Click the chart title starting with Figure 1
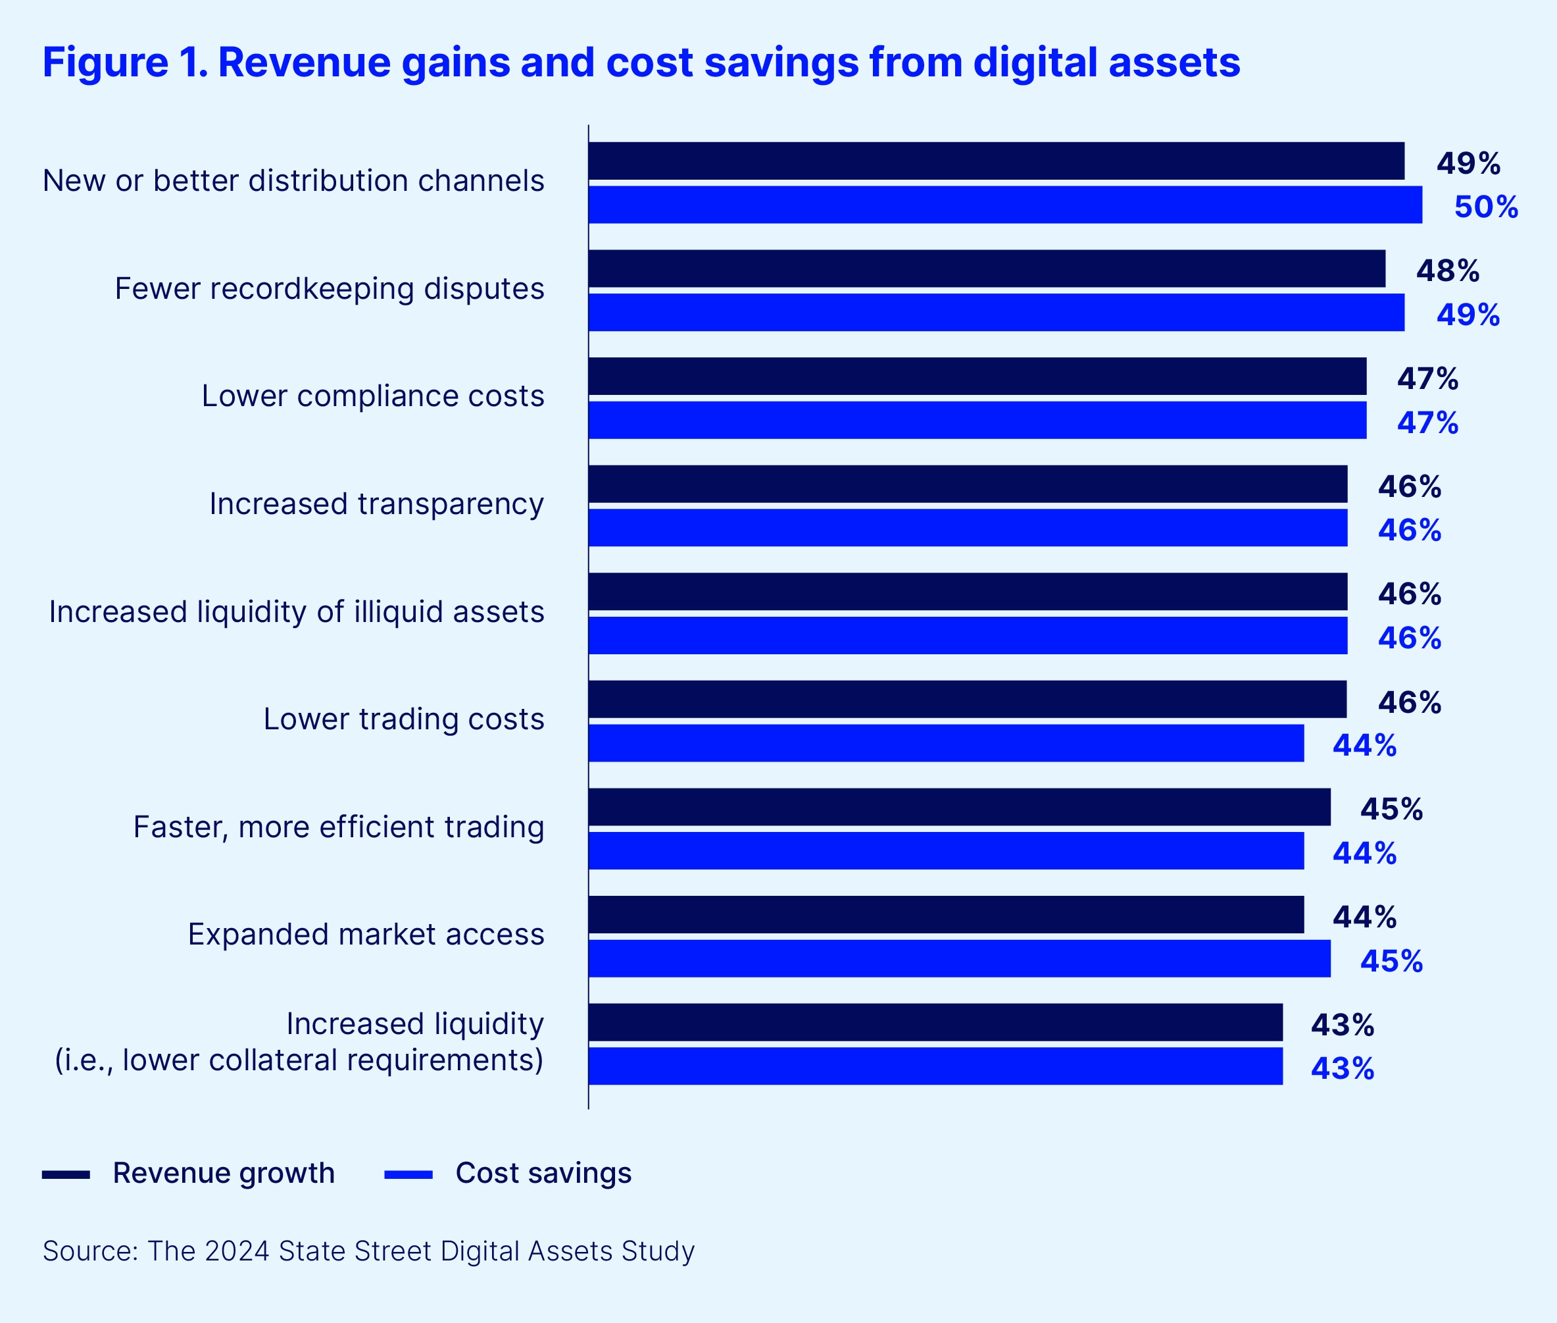coord(641,63)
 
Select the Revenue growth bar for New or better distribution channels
coord(995,161)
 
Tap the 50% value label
coord(1485,207)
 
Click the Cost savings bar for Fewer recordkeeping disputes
coord(995,312)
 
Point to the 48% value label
coord(1446,271)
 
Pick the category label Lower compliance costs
coord(372,396)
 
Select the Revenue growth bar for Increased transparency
coord(967,484)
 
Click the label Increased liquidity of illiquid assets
coord(296,612)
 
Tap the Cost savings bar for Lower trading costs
coord(945,743)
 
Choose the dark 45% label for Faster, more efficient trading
coord(1391,809)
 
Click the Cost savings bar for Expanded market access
coord(959,958)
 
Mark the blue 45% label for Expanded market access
coord(1391,962)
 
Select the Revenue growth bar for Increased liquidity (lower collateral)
coord(935,1022)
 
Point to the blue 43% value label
coord(1342,1069)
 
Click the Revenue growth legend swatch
coord(66,1174)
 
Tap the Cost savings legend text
coord(543,1173)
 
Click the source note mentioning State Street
coord(368,1251)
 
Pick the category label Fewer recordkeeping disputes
coord(329,289)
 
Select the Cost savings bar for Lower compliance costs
coord(977,420)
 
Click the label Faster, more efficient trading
coord(338,827)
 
